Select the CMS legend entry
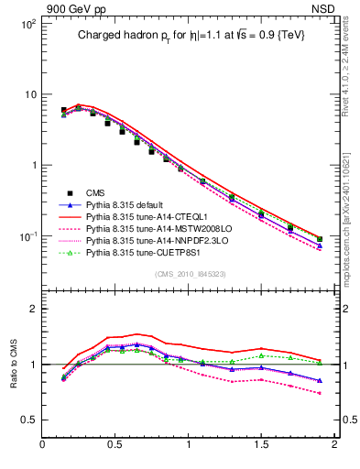tap(95, 191)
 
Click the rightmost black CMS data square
tap(319, 240)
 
